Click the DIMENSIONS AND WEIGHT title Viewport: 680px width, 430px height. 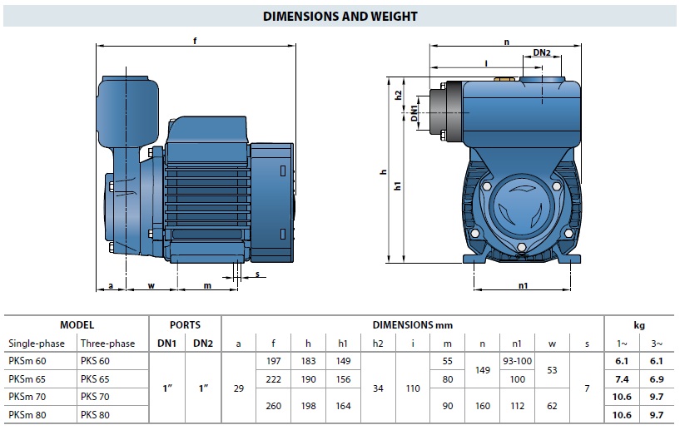point(340,17)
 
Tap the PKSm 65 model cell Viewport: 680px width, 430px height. point(27,379)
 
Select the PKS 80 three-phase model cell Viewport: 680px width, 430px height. point(95,415)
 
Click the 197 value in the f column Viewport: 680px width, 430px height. point(273,361)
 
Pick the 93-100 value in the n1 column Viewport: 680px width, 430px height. point(517,361)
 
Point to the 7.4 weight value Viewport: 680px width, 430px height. point(622,379)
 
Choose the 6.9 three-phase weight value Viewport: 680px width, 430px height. point(657,379)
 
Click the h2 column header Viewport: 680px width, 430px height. point(378,344)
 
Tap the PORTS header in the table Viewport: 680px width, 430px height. point(185,325)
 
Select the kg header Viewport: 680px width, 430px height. point(639,325)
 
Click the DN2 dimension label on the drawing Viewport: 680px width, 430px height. point(542,52)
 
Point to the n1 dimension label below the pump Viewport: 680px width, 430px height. point(523,285)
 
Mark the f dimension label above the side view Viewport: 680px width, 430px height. point(195,41)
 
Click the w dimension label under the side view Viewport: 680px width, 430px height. point(151,285)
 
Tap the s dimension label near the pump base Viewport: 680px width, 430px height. point(258,274)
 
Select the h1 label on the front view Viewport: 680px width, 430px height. point(398,185)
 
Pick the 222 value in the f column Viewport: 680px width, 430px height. point(273,379)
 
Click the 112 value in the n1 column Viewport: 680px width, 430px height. point(517,406)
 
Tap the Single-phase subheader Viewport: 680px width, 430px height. point(37,344)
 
